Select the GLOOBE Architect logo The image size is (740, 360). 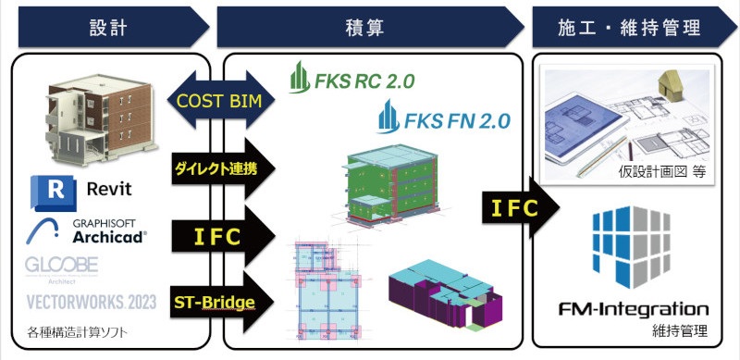tap(57, 266)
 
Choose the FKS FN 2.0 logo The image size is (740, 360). tap(443, 119)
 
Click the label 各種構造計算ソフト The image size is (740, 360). tap(77, 330)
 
